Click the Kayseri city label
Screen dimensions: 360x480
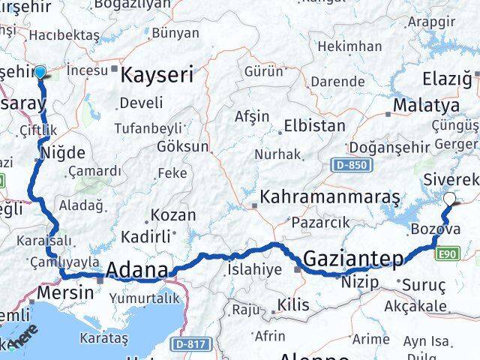(x=157, y=74)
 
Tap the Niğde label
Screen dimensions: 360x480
(x=66, y=153)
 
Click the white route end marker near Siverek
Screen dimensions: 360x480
(x=449, y=199)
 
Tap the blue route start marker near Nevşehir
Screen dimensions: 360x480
(x=40, y=72)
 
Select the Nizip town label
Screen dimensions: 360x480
(x=360, y=283)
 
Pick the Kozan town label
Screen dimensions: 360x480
(x=173, y=214)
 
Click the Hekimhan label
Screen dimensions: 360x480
(x=349, y=46)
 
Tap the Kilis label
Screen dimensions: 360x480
(x=292, y=305)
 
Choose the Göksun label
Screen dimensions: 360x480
(x=178, y=146)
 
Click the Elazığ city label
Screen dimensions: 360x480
(x=447, y=77)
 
